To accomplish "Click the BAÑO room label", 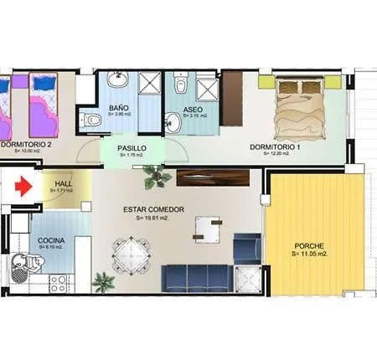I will coord(117,108).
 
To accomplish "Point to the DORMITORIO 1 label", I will coord(276,147).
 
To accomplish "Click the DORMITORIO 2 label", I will coord(28,145).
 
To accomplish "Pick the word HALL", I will coord(62,184).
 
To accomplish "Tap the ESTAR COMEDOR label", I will coord(153,209).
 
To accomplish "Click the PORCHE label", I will coord(310,246).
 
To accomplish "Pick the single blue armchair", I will coord(245,246).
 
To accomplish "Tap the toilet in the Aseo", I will coord(178,87).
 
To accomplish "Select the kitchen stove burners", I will coord(59,283).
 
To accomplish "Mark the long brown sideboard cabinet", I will coord(214,178).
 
